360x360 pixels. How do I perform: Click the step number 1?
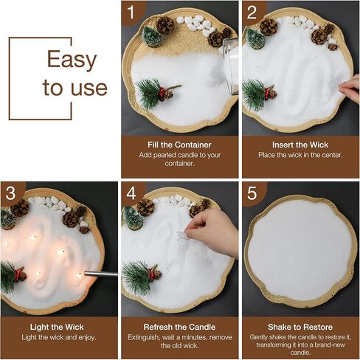coord(131,12)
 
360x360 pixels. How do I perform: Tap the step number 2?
coord(252,12)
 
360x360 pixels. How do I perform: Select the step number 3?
coord(10,193)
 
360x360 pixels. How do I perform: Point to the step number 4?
coord(131,193)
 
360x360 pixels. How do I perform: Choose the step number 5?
coord(252,193)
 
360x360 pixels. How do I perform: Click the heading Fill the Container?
coord(179,145)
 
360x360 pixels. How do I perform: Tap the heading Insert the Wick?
coord(300,145)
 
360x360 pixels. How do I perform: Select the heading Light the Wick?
coord(57,327)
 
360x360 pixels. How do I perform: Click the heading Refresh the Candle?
coord(179,327)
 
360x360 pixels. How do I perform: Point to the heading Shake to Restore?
coord(300,327)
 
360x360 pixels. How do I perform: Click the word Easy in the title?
coord(72,60)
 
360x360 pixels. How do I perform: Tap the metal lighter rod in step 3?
coord(101,274)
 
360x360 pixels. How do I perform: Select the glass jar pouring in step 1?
coord(231,66)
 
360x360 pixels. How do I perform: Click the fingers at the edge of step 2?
coord(350,88)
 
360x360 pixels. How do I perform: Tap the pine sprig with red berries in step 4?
coord(141,275)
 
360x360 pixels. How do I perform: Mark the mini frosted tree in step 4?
coord(133,218)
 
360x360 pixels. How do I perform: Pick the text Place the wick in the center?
coord(300,155)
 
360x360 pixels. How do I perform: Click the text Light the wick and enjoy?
coord(59,337)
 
